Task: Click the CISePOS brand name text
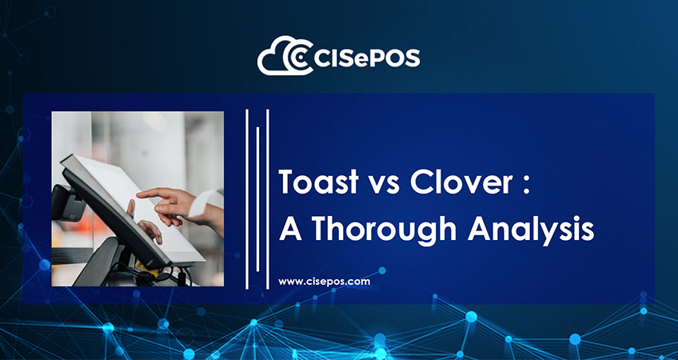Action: [367, 58]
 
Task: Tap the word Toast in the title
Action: [319, 182]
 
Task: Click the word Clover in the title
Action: [461, 182]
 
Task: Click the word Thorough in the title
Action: [385, 230]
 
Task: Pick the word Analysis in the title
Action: [531, 230]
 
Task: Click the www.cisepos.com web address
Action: [325, 282]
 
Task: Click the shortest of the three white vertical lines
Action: [257, 199]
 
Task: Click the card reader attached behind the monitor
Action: [67, 202]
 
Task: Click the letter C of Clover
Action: [421, 182]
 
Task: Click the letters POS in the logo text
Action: [396, 58]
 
